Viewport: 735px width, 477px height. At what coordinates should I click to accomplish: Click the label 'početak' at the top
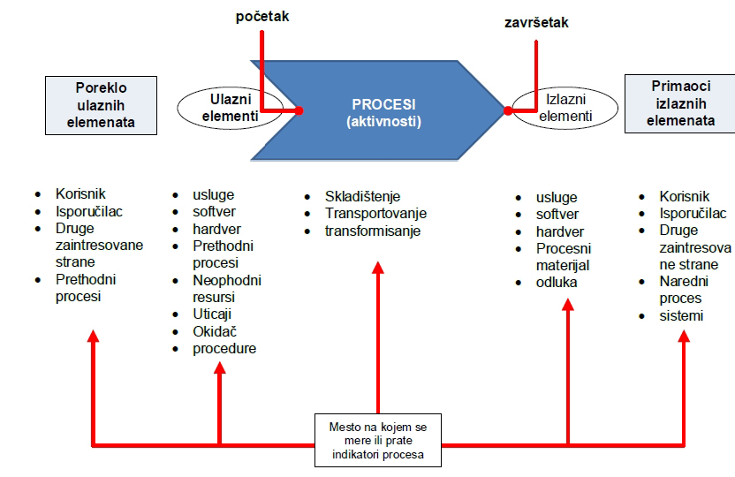coord(262,16)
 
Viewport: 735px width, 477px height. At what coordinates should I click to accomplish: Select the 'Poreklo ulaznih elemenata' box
coord(101,104)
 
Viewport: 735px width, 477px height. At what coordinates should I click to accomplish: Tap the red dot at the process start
coord(299,111)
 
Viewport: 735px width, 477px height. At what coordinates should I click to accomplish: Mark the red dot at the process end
coord(509,110)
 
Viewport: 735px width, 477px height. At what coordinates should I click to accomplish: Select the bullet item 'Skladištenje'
coord(362,197)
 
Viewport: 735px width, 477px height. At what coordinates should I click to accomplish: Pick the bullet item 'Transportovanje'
coord(375,214)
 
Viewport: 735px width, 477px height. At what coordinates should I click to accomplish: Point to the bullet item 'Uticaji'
coord(212,314)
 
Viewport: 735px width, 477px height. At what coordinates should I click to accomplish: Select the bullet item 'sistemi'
coord(681,315)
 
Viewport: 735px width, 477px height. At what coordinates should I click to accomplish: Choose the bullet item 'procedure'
coord(224,348)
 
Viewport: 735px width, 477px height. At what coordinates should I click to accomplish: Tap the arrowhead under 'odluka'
coord(568,304)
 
